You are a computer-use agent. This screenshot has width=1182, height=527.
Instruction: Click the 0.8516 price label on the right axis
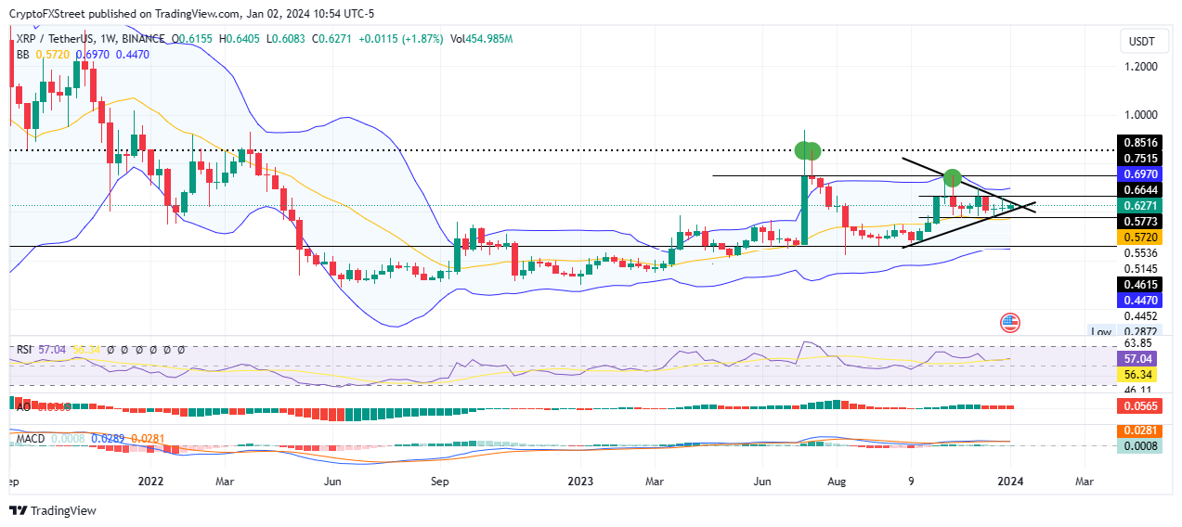point(1139,143)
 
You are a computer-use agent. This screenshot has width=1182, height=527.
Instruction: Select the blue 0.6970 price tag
point(1139,174)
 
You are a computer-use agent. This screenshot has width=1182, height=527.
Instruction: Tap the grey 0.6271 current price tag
point(1139,205)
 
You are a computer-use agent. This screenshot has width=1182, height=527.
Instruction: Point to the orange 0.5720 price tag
point(1139,236)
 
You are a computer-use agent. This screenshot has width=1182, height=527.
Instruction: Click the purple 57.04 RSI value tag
point(1139,357)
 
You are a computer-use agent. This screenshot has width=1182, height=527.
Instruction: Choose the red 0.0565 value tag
point(1139,406)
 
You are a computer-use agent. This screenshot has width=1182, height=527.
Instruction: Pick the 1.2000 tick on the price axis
point(1139,68)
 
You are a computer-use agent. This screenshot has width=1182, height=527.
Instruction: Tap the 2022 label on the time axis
point(150,482)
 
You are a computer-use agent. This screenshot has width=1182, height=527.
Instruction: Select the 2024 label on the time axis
point(1009,482)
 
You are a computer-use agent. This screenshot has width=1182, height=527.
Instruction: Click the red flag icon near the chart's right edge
point(1010,323)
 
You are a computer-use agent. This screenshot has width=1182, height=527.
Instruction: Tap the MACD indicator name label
point(27,437)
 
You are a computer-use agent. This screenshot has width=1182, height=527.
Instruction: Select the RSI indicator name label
point(24,350)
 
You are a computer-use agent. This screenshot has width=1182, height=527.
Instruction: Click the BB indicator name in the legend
point(21,55)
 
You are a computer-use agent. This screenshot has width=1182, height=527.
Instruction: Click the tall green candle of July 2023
point(804,209)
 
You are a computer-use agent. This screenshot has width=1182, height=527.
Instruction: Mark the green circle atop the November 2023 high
point(952,177)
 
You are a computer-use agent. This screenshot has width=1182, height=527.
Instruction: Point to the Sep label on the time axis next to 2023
point(440,482)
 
